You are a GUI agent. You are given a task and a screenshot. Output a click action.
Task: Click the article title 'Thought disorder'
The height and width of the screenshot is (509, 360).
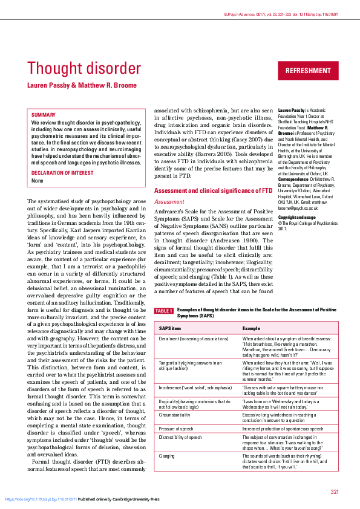click(x=84, y=68)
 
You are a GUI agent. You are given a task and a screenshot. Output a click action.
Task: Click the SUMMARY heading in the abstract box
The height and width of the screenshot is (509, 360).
click(x=44, y=115)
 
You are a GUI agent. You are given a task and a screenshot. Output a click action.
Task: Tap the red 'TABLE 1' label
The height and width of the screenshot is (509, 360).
click(x=164, y=311)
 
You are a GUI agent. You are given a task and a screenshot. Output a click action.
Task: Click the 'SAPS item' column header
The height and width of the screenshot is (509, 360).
click(x=170, y=328)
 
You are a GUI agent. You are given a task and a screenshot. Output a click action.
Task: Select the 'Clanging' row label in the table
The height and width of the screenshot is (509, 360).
click(x=168, y=456)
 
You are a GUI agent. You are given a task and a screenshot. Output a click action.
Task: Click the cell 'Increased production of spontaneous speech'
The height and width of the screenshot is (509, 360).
click(x=283, y=429)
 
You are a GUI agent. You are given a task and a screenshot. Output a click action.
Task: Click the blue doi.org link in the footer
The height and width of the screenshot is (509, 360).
click(x=41, y=499)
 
